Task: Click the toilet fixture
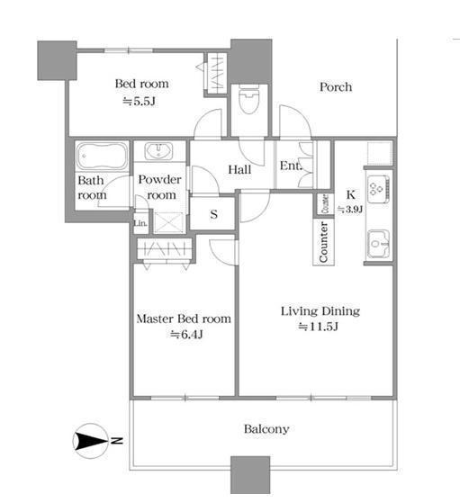248,98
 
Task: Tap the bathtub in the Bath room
102,157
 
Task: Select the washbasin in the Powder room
158,151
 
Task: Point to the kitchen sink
378,244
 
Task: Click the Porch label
336,87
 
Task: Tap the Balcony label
266,429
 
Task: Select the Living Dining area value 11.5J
319,327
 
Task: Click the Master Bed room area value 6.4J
186,335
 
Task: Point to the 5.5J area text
140,102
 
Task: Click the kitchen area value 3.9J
350,210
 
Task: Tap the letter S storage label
214,214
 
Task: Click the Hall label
239,170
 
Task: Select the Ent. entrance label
291,166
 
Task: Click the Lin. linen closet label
140,222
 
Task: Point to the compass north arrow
91,441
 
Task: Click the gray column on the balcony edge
250,475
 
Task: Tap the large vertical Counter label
323,242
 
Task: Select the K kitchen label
351,194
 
